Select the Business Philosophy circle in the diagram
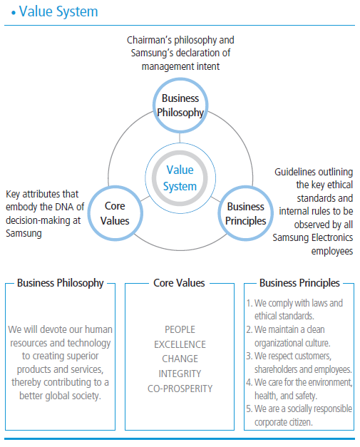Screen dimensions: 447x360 coord(180,105)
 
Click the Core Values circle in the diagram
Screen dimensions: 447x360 coord(115,213)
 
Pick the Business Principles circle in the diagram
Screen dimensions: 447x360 coord(245,213)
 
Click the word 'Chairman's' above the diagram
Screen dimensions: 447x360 coord(150,40)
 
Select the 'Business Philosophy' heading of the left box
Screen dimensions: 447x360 coord(60,283)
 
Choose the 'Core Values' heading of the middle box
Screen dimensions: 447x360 coord(179,283)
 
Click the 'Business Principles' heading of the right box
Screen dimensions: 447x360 coord(299,283)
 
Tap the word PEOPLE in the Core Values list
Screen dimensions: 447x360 coord(180,329)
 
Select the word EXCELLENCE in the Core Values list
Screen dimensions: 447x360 coord(180,344)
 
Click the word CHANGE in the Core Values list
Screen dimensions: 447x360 coord(180,359)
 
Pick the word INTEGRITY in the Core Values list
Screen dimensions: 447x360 coord(180,374)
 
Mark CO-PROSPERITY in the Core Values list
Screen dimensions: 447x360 coord(180,389)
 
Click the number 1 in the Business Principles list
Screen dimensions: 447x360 coord(249,303)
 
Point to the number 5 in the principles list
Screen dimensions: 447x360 coord(249,410)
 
